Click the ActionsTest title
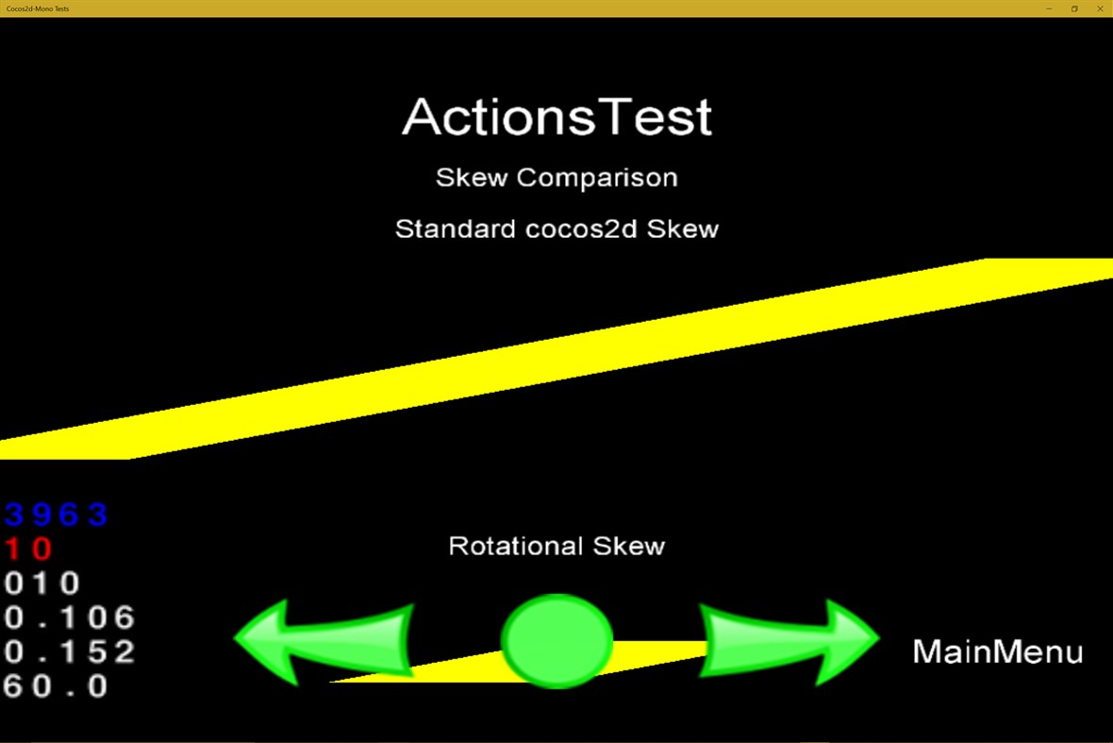[556, 117]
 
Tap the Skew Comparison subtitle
[556, 177]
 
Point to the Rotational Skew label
[556, 546]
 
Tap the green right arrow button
[789, 641]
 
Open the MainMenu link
[997, 651]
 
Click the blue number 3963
[57, 515]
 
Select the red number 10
[29, 549]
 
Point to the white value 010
[42, 583]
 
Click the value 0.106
[70, 617]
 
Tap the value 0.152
[70, 651]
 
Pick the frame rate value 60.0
[57, 686]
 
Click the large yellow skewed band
[556, 359]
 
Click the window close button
[1100, 8]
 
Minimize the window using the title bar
[1049, 8]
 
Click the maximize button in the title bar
[1074, 8]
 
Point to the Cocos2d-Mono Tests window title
[38, 8]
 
